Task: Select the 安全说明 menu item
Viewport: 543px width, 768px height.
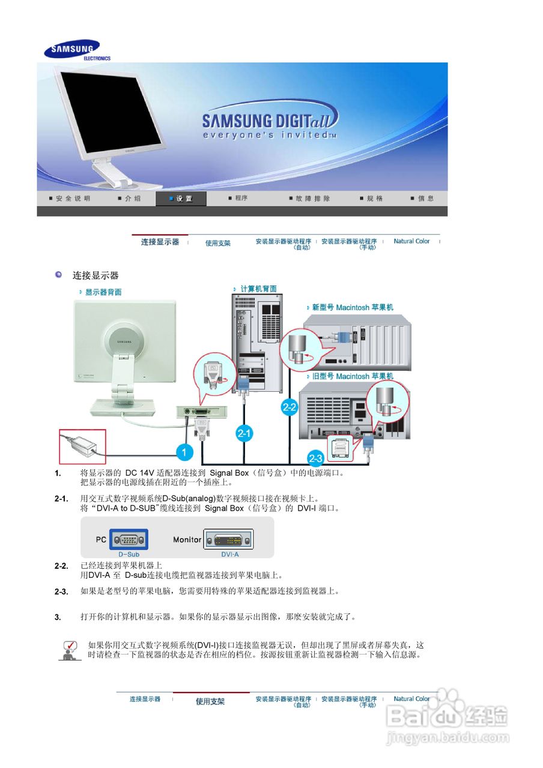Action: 72,199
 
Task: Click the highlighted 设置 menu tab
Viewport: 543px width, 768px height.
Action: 181,199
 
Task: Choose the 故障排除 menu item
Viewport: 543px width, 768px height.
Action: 312,199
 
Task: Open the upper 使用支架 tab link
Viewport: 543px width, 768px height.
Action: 217,243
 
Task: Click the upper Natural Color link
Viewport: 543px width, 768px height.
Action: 411,241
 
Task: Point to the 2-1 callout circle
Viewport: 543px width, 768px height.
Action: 244,433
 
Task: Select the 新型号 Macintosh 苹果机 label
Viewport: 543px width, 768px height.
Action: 352,307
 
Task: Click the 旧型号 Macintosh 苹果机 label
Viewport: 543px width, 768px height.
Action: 352,376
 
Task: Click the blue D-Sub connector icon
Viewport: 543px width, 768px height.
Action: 129,539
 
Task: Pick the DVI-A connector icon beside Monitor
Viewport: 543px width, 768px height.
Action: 228,539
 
